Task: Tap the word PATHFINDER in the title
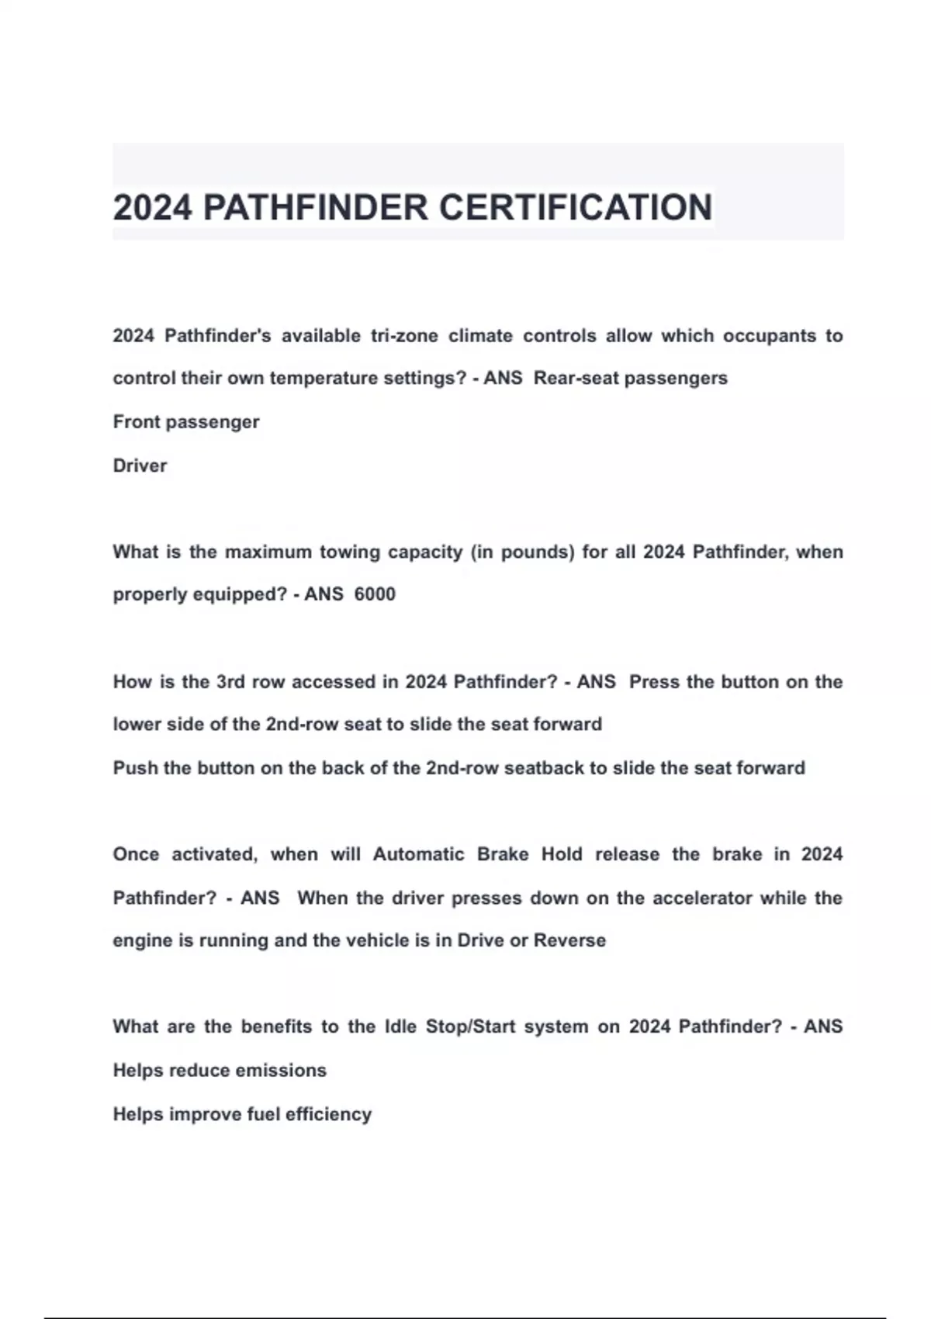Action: point(315,207)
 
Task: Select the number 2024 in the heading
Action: point(152,207)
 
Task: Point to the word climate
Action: point(480,336)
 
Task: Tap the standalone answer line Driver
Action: point(140,466)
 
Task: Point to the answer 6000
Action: point(375,594)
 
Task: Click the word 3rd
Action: point(230,682)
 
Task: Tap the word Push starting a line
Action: point(135,768)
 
